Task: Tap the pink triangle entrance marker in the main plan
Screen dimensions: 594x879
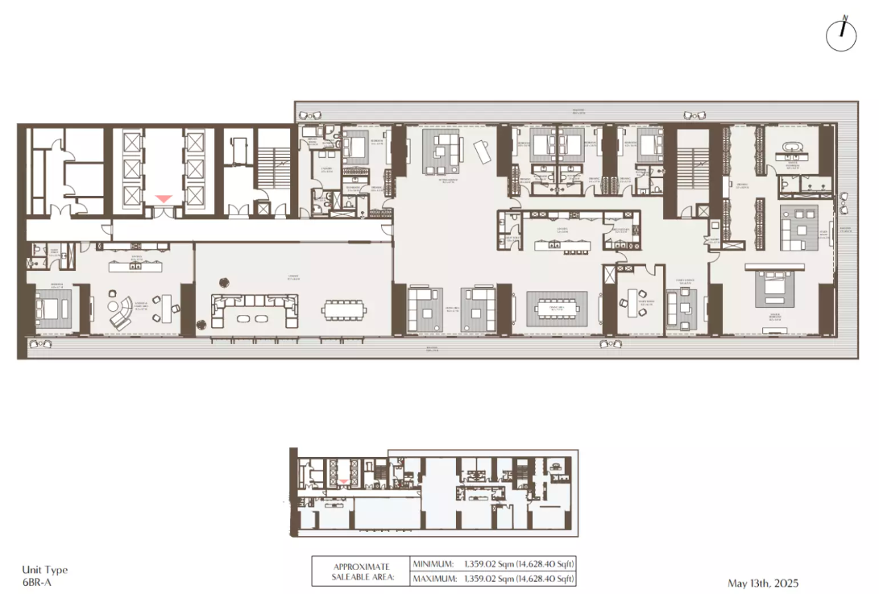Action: pyautogui.click(x=164, y=198)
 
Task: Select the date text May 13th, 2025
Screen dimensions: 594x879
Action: pyautogui.click(x=762, y=583)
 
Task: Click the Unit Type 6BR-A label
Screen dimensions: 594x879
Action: pyautogui.click(x=42, y=575)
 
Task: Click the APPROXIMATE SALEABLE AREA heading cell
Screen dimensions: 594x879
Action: pyautogui.click(x=361, y=571)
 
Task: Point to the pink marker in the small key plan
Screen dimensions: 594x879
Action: pyautogui.click(x=344, y=481)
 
